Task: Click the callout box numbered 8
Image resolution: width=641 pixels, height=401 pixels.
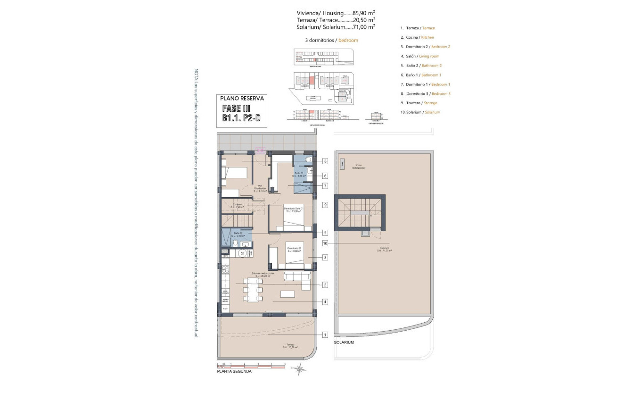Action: [x=325, y=161]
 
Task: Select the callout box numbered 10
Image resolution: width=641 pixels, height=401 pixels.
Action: [x=325, y=243]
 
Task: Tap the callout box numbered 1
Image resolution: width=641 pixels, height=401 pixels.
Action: [x=325, y=335]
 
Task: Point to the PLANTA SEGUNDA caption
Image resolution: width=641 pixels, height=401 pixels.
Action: [x=234, y=371]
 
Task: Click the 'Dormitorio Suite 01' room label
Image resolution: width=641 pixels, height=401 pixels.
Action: [x=293, y=209]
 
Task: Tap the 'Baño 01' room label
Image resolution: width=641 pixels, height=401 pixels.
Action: [x=300, y=174]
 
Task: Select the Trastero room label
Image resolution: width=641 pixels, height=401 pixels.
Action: [x=237, y=206]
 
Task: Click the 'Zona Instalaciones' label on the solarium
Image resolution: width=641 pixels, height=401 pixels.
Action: [x=358, y=167]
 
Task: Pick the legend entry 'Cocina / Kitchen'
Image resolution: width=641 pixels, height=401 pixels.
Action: [x=417, y=37]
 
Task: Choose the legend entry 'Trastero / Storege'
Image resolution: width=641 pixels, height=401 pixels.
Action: [x=419, y=103]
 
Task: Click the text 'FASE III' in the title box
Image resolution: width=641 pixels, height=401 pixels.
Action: [x=236, y=109]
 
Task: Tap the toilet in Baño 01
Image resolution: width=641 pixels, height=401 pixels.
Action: [x=308, y=160]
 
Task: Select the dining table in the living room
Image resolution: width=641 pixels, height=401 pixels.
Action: [x=253, y=289]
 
